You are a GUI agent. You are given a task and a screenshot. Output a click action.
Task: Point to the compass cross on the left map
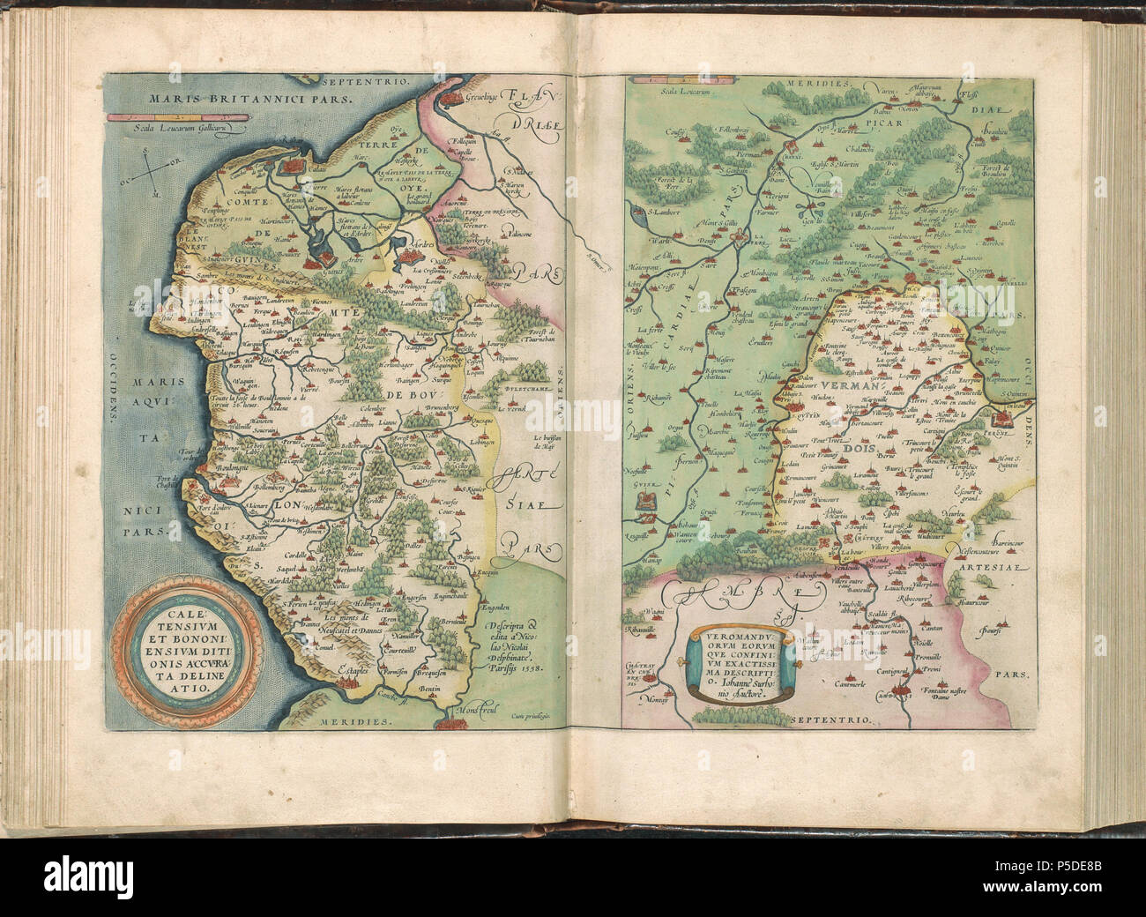(x=153, y=172)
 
